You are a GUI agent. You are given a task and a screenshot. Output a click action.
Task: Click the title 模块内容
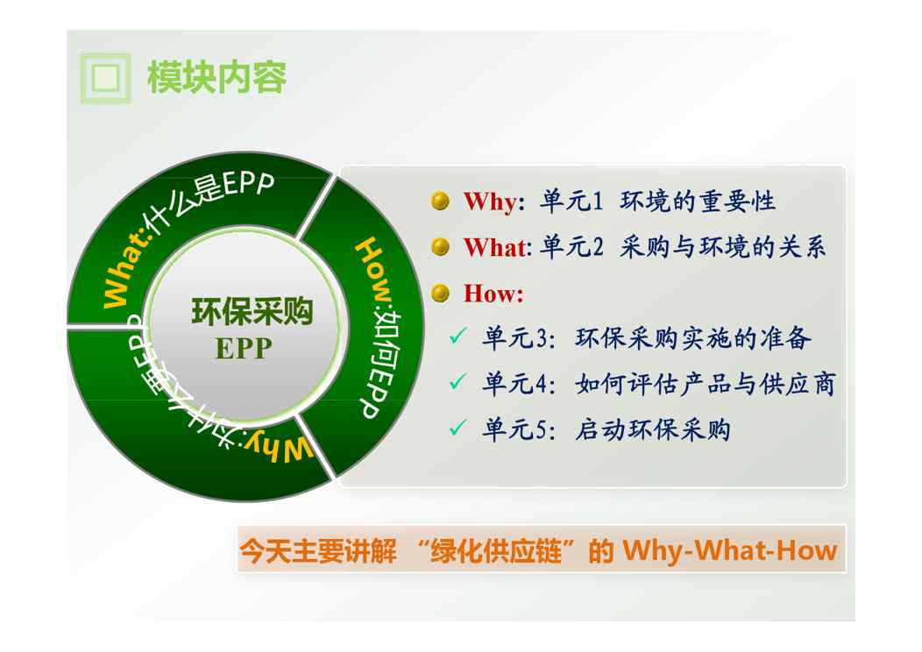pyautogui.click(x=216, y=78)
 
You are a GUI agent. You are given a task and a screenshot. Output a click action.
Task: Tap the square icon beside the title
pyautogui.click(x=105, y=78)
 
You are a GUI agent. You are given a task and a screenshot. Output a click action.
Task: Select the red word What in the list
pyautogui.click(x=496, y=247)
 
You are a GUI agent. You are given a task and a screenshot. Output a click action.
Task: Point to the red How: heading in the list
pyautogui.click(x=493, y=293)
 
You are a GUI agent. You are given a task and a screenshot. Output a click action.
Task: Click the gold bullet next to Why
pyautogui.click(x=440, y=201)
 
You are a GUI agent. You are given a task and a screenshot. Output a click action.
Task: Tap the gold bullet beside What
pyautogui.click(x=440, y=247)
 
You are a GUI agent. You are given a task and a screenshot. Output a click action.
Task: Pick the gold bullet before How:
pyautogui.click(x=440, y=293)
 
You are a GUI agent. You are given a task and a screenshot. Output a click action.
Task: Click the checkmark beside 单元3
pyautogui.click(x=457, y=336)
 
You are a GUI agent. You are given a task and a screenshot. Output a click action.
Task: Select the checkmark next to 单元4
pyautogui.click(x=457, y=381)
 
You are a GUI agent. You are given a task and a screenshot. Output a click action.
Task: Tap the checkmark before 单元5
pyautogui.click(x=457, y=428)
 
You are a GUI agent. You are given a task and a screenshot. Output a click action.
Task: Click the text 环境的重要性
pyautogui.click(x=698, y=201)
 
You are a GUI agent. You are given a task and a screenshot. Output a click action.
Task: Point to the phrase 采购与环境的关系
pyautogui.click(x=723, y=247)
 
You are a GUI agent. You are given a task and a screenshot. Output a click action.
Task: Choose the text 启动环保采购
pyautogui.click(x=653, y=429)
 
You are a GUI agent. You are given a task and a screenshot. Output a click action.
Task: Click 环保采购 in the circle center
pyautogui.click(x=252, y=312)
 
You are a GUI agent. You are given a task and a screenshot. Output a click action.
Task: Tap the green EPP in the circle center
pyautogui.click(x=244, y=349)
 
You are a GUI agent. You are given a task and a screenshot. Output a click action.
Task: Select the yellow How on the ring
pyautogui.click(x=374, y=271)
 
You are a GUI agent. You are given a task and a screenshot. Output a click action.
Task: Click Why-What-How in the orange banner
pyautogui.click(x=730, y=550)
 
